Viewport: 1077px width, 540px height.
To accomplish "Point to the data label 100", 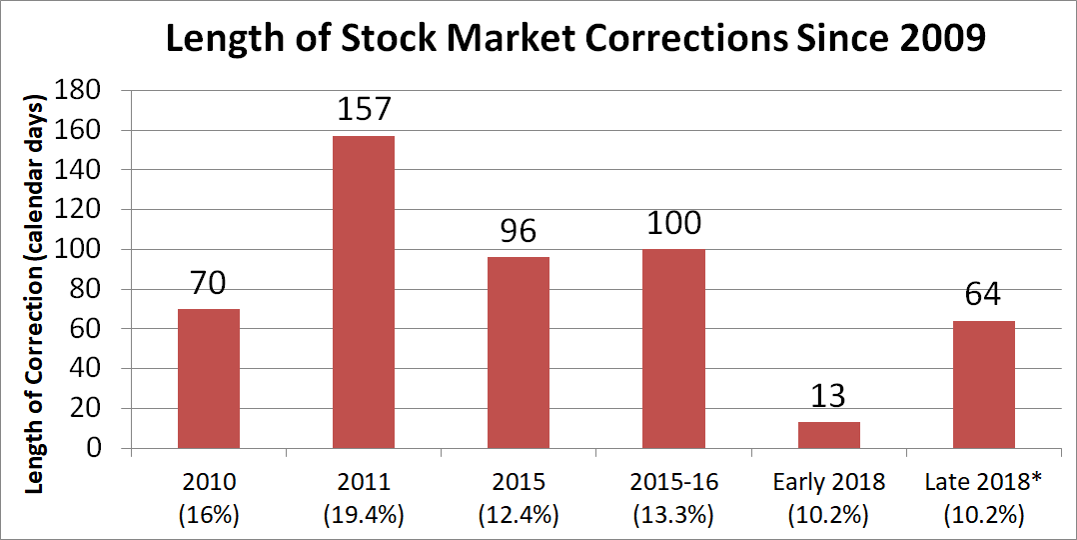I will pyautogui.click(x=673, y=222).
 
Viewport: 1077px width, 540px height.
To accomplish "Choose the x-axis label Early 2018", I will pyautogui.click(x=828, y=482).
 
